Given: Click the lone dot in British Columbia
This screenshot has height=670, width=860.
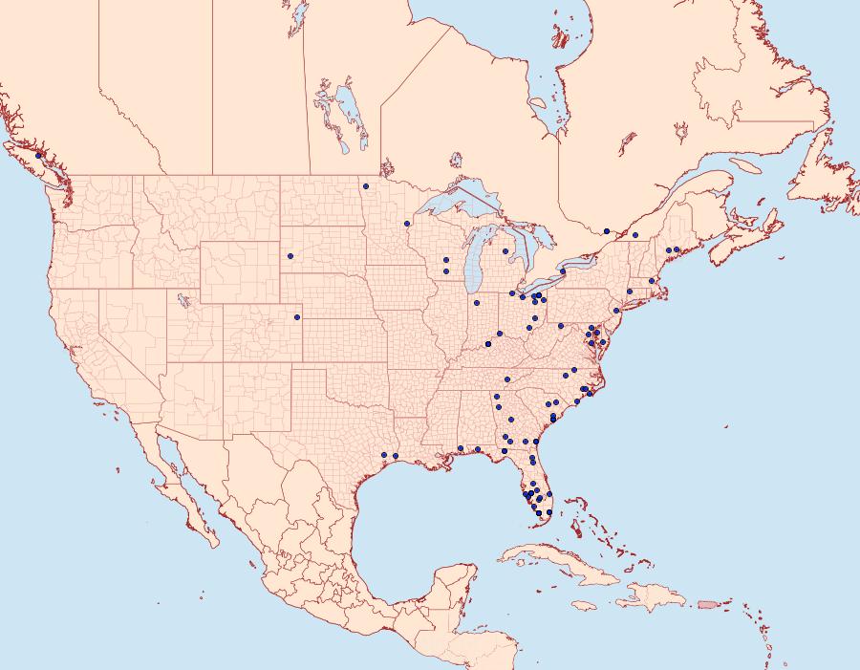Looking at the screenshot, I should click(38, 155).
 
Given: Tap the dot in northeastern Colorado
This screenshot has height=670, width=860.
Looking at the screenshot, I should click(297, 316).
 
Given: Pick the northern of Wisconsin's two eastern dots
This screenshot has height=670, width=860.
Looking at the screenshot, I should click(446, 260).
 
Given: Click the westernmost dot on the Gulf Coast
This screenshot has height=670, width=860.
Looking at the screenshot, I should click(383, 455).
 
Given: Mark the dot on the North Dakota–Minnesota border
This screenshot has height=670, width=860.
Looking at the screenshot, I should click(366, 186).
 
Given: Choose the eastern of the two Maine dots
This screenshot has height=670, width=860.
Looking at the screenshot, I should click(677, 249).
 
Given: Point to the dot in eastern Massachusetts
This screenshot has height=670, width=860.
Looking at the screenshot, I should click(652, 280).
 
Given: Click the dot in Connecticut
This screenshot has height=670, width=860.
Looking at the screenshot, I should click(630, 291).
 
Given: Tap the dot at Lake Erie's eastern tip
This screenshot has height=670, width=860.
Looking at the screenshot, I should click(563, 271).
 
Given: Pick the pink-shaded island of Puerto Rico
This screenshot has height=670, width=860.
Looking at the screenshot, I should click(706, 603).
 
